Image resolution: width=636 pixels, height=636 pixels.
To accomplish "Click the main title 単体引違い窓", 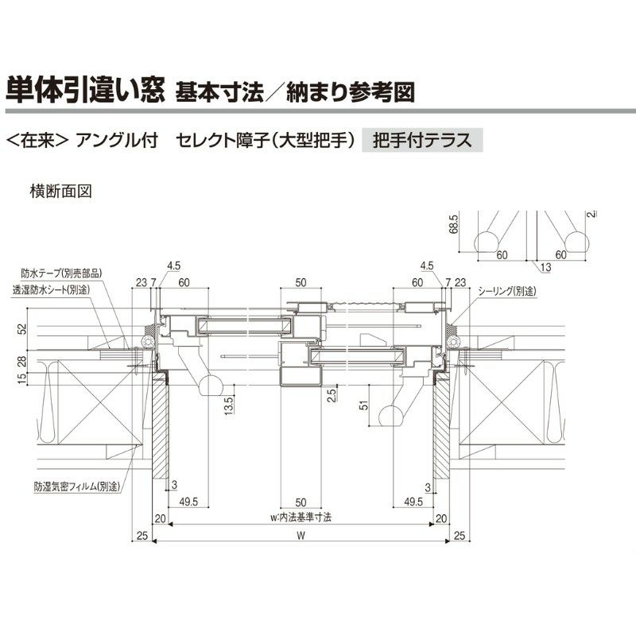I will (x=84, y=90).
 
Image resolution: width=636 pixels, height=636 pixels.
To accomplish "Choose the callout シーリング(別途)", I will (x=506, y=291).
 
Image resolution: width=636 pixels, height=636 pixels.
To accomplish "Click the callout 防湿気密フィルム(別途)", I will (x=76, y=485).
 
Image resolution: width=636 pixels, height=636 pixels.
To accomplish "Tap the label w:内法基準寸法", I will (x=301, y=517).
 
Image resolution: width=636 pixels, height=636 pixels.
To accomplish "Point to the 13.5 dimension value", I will (x=228, y=406).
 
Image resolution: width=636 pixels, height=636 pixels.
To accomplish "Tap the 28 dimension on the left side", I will (x=23, y=363).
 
